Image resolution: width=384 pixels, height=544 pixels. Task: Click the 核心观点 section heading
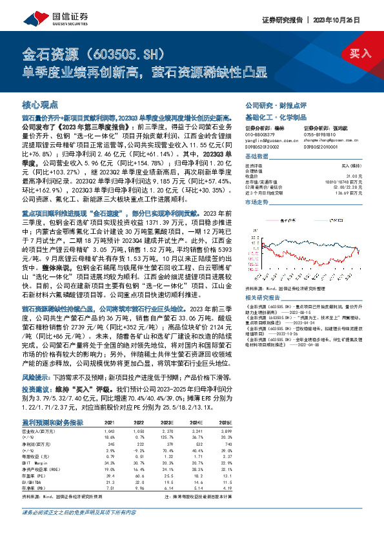(x=40, y=103)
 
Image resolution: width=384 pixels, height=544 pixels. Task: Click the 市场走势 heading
(x=256, y=202)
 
